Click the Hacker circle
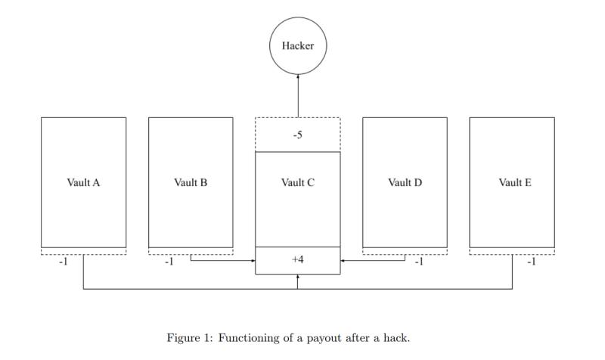[x=298, y=45]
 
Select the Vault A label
[x=83, y=182]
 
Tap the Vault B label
[x=191, y=182]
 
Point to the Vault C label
[x=298, y=182]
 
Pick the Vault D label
[x=405, y=182]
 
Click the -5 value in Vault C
[x=298, y=135]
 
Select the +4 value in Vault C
[x=298, y=259]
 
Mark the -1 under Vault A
[x=64, y=262]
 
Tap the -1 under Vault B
[x=169, y=262]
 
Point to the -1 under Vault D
[x=417, y=262]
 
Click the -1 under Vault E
[x=531, y=262]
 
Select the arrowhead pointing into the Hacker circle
[x=298, y=76]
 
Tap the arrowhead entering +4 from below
[x=298, y=277]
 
